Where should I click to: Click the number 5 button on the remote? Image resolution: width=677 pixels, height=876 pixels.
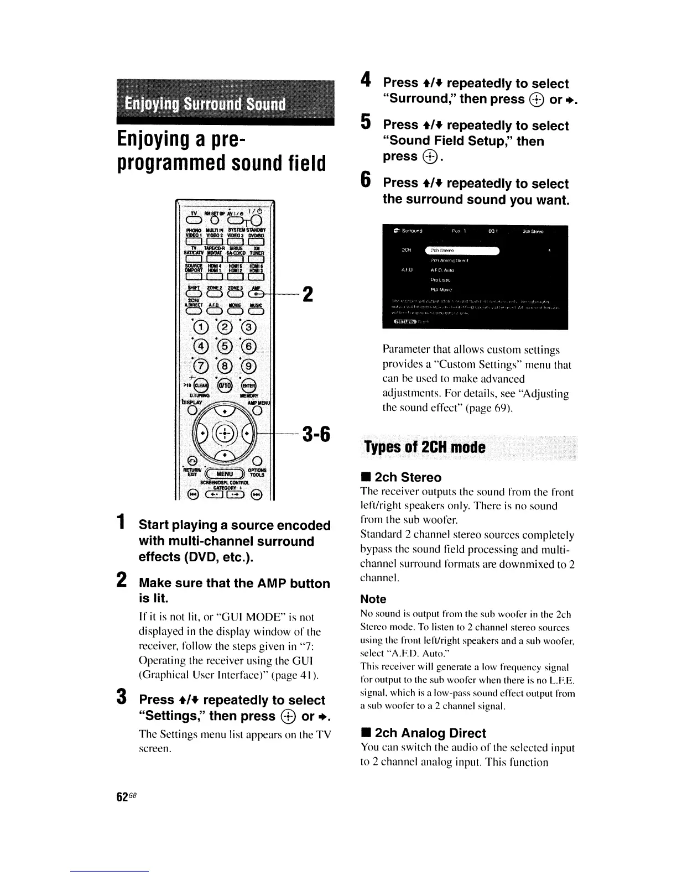click(x=225, y=348)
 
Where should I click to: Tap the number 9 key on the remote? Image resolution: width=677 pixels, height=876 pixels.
click(x=250, y=366)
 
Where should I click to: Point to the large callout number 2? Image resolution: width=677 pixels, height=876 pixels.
click(x=309, y=294)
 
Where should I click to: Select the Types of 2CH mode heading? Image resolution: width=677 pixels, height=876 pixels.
click(x=425, y=447)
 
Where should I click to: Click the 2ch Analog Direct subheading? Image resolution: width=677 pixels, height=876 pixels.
click(x=430, y=733)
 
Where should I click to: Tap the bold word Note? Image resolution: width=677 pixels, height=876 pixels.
click(x=373, y=599)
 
